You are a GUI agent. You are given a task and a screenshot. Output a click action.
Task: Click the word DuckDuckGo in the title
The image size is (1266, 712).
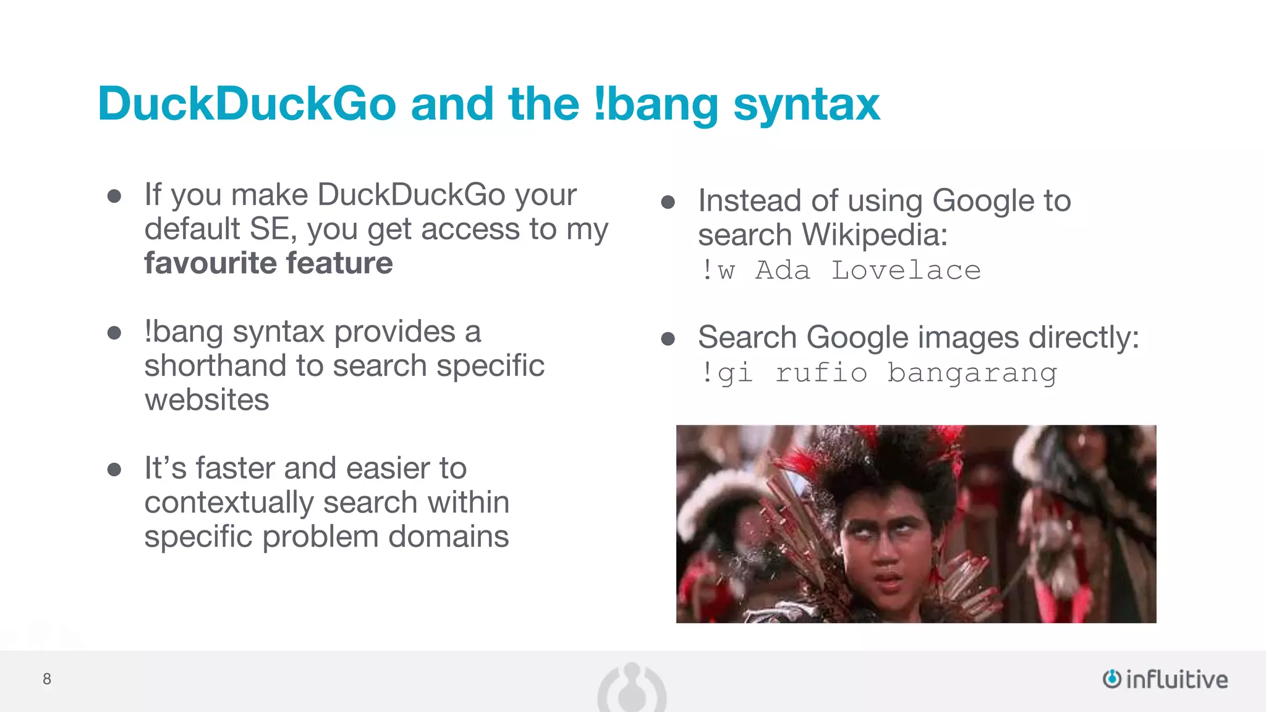[x=247, y=104]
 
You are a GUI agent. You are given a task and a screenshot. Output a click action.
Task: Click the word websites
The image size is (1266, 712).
[x=206, y=400]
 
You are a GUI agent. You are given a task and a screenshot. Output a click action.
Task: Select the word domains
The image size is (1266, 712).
[x=448, y=536]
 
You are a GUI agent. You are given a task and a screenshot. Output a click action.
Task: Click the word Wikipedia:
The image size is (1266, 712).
[x=875, y=235]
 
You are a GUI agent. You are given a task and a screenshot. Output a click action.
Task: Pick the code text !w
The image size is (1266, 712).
[x=718, y=271]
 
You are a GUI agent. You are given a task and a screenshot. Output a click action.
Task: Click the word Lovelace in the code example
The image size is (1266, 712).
[x=906, y=271]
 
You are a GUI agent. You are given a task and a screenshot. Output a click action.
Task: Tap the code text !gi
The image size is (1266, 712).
[x=727, y=373]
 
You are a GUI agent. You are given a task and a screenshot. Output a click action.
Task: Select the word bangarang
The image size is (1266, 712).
[x=972, y=373]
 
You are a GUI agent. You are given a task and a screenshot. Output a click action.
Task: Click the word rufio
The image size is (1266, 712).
[x=821, y=373]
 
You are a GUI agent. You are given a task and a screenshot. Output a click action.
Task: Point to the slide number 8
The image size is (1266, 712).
[x=47, y=679]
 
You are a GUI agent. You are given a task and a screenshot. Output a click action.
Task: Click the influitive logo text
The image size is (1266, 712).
[x=1176, y=679]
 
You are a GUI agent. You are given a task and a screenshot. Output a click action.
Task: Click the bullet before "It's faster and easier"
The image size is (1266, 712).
[x=114, y=470]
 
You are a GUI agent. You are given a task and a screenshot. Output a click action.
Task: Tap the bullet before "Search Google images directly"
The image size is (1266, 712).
[x=668, y=339]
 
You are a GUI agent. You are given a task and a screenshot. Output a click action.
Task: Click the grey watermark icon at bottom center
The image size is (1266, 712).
[x=632, y=689]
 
